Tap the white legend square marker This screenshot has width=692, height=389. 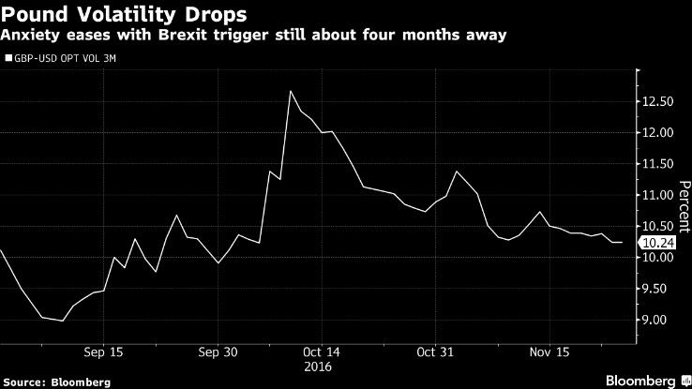[8, 58]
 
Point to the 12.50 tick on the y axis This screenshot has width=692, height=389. [657, 101]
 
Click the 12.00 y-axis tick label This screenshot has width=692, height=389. [657, 132]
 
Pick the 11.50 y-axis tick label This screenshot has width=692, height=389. [657, 164]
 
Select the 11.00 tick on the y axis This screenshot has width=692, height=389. [657, 195]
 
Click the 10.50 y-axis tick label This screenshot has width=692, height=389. [657, 226]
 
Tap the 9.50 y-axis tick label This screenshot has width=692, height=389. [657, 289]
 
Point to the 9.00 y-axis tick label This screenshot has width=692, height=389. [657, 320]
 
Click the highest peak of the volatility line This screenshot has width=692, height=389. [291, 91]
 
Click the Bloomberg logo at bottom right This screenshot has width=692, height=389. [639, 380]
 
